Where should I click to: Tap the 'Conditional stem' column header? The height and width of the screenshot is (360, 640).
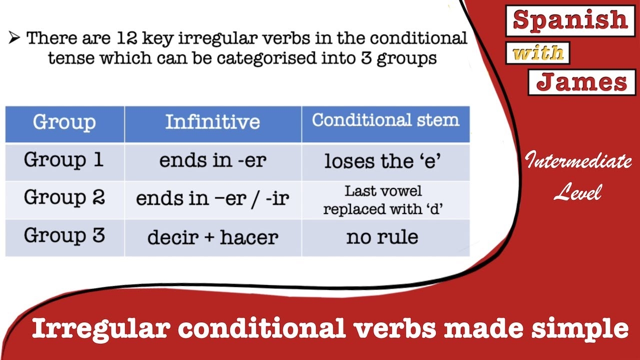coord(385,120)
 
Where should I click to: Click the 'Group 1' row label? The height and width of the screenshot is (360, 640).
coord(64,160)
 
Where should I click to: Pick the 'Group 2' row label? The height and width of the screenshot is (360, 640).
coord(64,198)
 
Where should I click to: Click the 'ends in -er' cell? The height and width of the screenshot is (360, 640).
coord(212,160)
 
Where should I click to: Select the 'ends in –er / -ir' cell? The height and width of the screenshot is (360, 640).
coord(212,198)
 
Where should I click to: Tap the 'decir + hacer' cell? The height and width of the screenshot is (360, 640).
coord(212,237)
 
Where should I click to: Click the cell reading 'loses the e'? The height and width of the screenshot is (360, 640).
coord(383,161)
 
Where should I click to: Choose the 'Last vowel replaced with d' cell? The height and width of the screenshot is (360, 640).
coord(383,200)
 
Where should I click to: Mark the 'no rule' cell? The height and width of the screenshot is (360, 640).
coord(382,237)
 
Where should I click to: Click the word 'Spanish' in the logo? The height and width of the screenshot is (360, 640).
coord(570,20)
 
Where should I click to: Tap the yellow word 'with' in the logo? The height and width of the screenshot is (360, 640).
coord(538,53)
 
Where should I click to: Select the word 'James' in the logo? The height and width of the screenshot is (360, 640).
coord(581,82)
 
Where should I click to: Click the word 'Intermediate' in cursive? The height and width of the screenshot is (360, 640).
coord(578,161)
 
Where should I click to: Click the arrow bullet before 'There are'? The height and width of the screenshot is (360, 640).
coord(14,38)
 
